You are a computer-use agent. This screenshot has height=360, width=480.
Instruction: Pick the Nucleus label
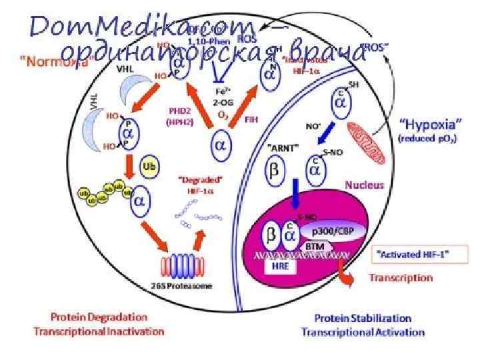pyautogui.click(x=364, y=184)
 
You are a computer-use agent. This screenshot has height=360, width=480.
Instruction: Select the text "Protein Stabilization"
pyautogui.click(x=363, y=319)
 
